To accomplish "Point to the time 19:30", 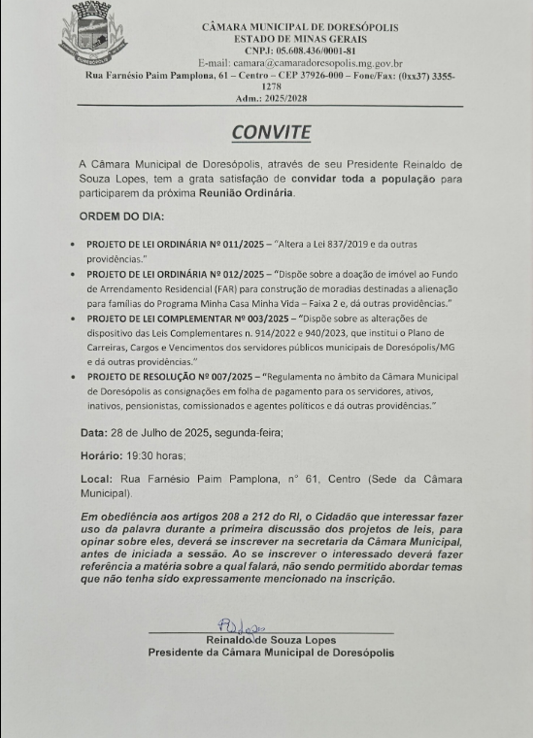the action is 137,454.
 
